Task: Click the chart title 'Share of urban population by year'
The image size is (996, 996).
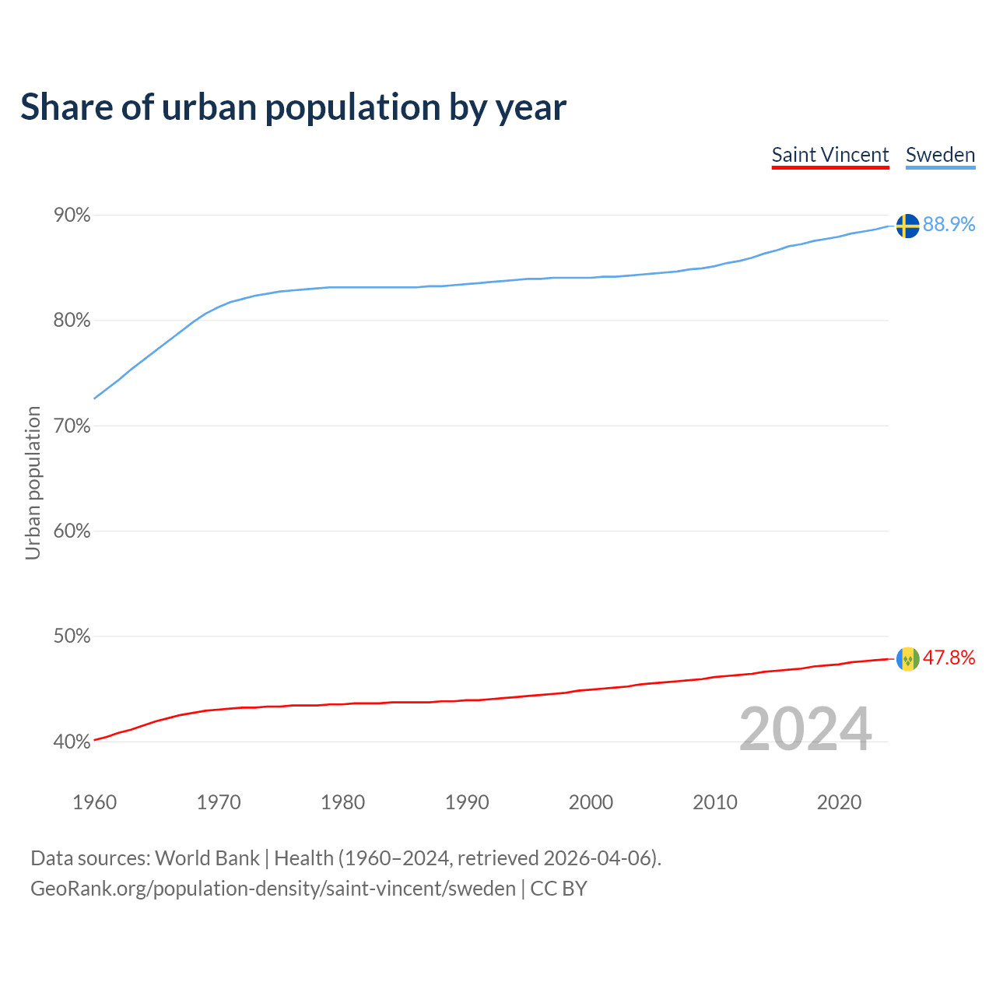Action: (x=293, y=107)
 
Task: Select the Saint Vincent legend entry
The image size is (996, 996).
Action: (x=829, y=155)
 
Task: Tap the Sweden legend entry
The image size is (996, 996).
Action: (x=940, y=155)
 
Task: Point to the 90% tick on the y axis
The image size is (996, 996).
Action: (x=72, y=216)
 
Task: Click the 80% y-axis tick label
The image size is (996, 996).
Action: (x=72, y=321)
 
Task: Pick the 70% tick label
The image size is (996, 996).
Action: (x=72, y=426)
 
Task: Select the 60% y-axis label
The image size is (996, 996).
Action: (x=72, y=531)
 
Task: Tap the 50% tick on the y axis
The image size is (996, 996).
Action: (x=72, y=637)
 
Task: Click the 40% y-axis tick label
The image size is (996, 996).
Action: (x=72, y=742)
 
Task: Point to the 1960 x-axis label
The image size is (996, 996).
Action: (x=94, y=802)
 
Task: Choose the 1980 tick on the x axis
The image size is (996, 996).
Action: (x=342, y=802)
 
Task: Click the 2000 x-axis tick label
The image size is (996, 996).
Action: (x=591, y=802)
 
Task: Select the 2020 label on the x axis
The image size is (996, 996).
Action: (x=839, y=802)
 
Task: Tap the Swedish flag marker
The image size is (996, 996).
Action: (x=907, y=226)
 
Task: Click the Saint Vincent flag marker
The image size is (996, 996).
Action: (x=907, y=659)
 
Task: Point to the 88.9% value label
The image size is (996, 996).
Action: (x=949, y=225)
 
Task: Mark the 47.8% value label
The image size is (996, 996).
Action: (x=949, y=658)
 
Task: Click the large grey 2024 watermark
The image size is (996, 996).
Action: (x=805, y=729)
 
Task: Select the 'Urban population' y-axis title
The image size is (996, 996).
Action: (x=33, y=482)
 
